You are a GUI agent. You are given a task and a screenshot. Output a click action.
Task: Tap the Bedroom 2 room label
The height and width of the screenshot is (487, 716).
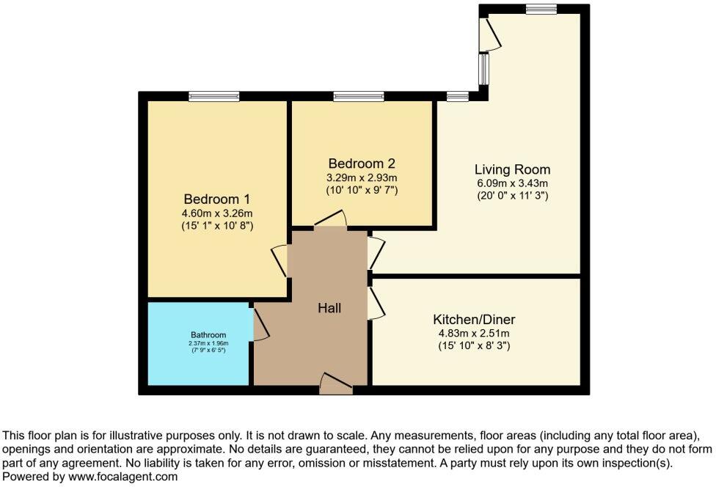(362, 163)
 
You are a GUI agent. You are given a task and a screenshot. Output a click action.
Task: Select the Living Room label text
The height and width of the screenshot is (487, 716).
(512, 169)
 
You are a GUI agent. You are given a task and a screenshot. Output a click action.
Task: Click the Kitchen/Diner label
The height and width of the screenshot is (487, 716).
(474, 319)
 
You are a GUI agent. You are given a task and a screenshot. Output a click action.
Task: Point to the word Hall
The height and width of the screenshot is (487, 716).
(329, 309)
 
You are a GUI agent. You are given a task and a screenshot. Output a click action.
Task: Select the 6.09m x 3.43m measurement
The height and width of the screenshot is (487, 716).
(512, 183)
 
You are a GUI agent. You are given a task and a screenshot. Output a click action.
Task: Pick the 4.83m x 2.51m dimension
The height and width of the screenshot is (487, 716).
(474, 332)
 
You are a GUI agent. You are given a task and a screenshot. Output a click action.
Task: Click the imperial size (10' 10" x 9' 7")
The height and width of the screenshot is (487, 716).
(362, 190)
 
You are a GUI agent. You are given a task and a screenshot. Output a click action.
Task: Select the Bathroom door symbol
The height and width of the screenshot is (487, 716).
(260, 324)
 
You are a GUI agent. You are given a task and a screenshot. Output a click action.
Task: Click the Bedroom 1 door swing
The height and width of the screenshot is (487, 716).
(280, 260)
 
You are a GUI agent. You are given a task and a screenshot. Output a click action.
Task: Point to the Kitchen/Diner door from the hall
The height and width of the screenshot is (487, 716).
(376, 303)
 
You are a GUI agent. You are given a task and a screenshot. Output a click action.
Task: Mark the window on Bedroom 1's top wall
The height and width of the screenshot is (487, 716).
(213, 96)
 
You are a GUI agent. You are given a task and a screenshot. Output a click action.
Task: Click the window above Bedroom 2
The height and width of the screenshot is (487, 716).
(358, 96)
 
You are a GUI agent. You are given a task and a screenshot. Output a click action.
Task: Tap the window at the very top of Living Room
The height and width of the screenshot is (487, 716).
(541, 9)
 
